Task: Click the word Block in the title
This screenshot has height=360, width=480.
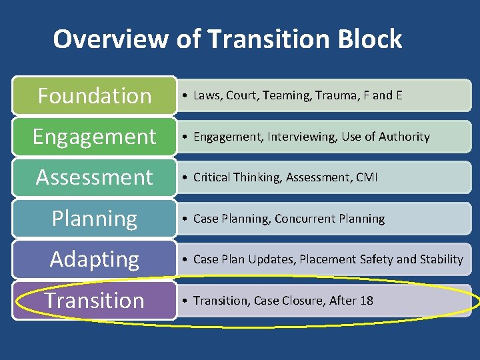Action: [370, 39]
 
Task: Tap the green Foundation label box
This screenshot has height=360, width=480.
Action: [94, 95]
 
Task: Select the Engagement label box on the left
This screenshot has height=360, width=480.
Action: [94, 137]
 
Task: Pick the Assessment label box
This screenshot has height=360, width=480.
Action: [94, 177]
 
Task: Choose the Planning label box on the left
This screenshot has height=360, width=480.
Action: [94, 219]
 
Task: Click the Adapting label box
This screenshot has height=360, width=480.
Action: [94, 259]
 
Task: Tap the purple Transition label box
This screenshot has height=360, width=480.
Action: [94, 300]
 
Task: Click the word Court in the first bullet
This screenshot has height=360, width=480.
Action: [241, 95]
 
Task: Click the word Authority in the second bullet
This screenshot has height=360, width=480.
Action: [405, 137]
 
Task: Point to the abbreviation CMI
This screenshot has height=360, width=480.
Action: [367, 177]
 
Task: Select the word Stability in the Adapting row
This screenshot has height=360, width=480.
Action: [441, 259]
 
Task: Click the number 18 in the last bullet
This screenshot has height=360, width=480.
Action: [367, 301]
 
